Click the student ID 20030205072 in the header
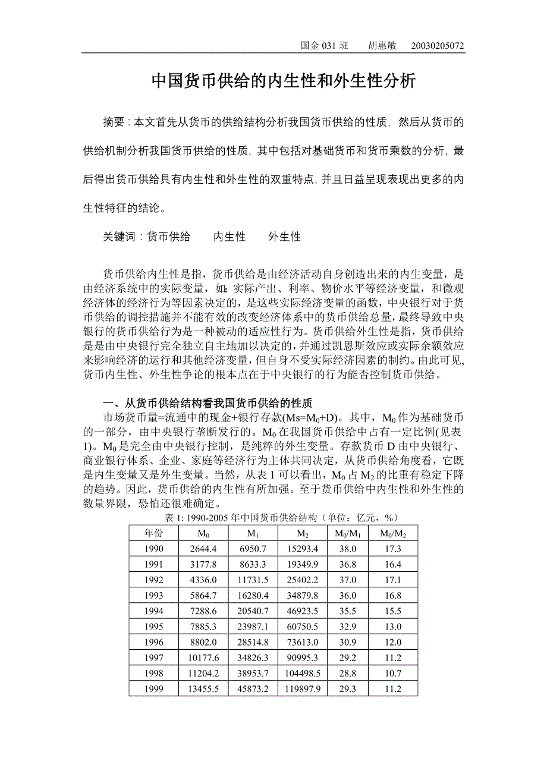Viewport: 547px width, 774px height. pyautogui.click(x=438, y=46)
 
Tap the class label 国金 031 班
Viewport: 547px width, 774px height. pyautogui.click(x=324, y=46)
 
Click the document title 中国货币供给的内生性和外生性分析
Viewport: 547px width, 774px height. pyautogui.click(x=283, y=81)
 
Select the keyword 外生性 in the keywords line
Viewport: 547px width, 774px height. pyautogui.click(x=284, y=237)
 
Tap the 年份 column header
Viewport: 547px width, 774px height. pyautogui.click(x=153, y=533)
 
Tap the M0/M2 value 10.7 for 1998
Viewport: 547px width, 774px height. pyautogui.click(x=392, y=674)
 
